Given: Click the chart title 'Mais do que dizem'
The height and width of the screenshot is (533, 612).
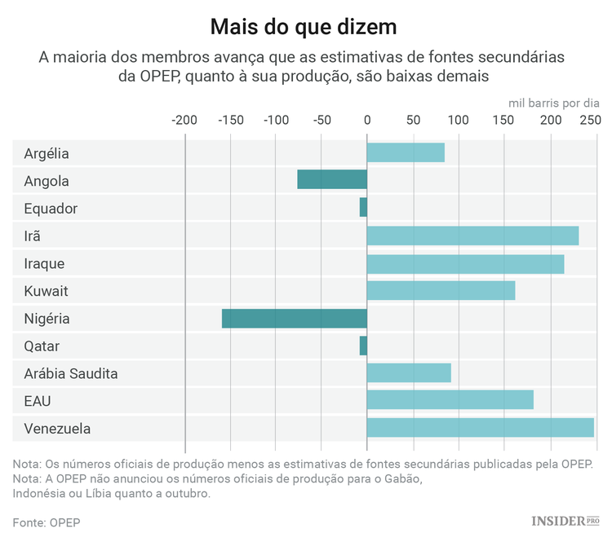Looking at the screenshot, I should (x=304, y=27).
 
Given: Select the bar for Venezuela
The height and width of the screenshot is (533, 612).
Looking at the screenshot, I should (x=480, y=429).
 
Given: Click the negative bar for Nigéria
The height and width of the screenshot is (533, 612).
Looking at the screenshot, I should (x=294, y=319).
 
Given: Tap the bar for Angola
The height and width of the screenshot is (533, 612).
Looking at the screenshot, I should (x=332, y=180).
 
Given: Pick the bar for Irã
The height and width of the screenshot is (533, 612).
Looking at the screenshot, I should (x=472, y=236).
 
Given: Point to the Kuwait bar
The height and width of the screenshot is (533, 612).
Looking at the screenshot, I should (x=441, y=291).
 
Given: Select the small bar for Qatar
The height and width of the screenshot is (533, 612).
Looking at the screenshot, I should (x=363, y=346).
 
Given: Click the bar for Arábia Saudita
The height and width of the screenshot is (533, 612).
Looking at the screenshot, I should (x=409, y=373).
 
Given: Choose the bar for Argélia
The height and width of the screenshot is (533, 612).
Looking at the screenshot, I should (x=406, y=152).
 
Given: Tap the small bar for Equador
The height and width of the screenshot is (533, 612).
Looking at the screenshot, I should (x=363, y=208).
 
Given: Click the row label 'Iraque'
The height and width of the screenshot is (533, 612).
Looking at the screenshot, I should (x=44, y=264).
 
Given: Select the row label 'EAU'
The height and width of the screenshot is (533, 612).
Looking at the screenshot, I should (x=38, y=401).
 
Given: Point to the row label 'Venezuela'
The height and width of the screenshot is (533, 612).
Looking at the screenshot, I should (x=57, y=429).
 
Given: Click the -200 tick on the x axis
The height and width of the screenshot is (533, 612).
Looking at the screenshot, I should (x=184, y=121).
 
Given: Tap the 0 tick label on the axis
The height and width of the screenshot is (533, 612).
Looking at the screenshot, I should (x=367, y=121).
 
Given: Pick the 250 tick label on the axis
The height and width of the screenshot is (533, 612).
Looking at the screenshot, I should (x=589, y=121).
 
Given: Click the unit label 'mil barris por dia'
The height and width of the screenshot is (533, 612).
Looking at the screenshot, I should (x=553, y=103).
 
